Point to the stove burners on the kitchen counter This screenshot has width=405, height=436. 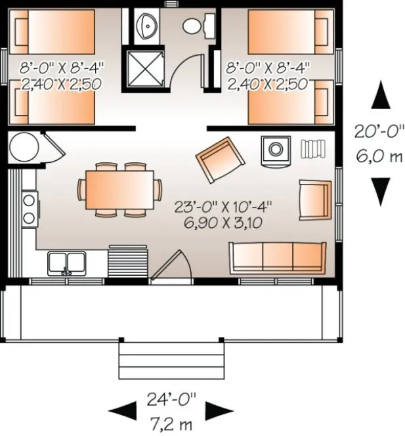click(30, 208)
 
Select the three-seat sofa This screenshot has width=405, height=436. click(277, 257)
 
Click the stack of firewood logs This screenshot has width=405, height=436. click(312, 148)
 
